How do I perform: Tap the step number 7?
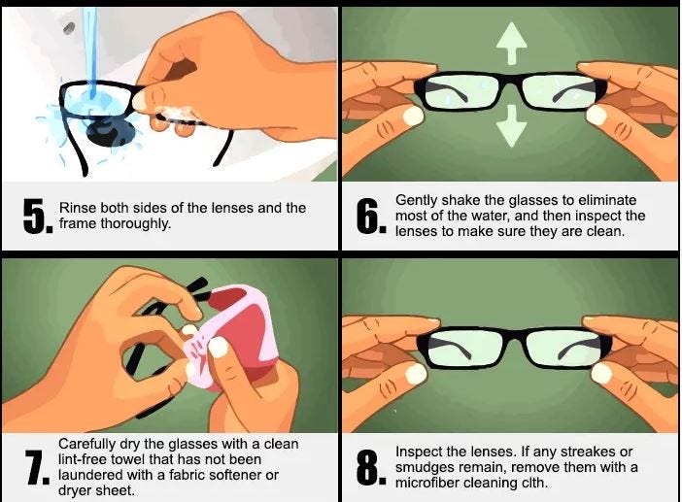tap(35, 467)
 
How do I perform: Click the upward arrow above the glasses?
tap(512, 44)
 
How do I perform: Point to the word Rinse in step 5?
tap(78, 208)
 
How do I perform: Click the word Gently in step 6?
tap(417, 200)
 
